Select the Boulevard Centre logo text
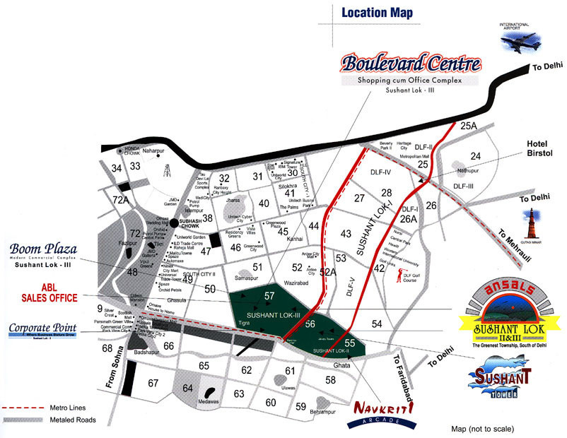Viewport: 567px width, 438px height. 411,64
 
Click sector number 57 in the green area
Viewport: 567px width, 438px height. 269,295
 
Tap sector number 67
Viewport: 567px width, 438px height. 153,383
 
